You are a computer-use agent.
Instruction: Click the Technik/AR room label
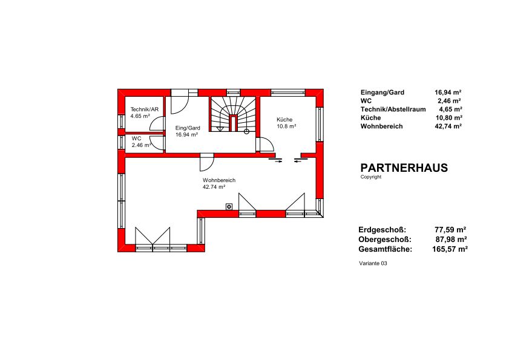click(x=145, y=110)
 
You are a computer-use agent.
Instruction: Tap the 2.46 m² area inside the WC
click(x=142, y=145)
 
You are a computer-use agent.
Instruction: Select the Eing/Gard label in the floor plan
click(x=188, y=128)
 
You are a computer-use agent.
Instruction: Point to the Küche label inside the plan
click(x=284, y=119)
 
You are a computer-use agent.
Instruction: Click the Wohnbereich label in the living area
click(x=219, y=180)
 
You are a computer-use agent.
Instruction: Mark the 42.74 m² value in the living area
click(x=214, y=187)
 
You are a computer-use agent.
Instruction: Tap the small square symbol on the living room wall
click(x=229, y=206)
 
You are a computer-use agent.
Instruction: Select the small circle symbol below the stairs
click(x=246, y=131)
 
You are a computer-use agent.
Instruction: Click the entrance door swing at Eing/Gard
click(x=180, y=105)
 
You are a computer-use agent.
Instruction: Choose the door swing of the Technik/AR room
click(x=157, y=124)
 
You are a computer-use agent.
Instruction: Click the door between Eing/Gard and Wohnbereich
click(x=207, y=162)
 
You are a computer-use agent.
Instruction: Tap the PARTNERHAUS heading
click(x=404, y=168)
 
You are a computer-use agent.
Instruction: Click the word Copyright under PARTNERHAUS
click(x=371, y=177)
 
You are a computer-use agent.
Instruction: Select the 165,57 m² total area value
click(x=450, y=249)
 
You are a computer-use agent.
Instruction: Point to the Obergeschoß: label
click(x=385, y=240)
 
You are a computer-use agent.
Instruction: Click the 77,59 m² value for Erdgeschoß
click(x=450, y=230)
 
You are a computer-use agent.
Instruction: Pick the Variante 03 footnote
click(x=373, y=263)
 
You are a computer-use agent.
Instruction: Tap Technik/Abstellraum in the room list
click(x=393, y=110)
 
